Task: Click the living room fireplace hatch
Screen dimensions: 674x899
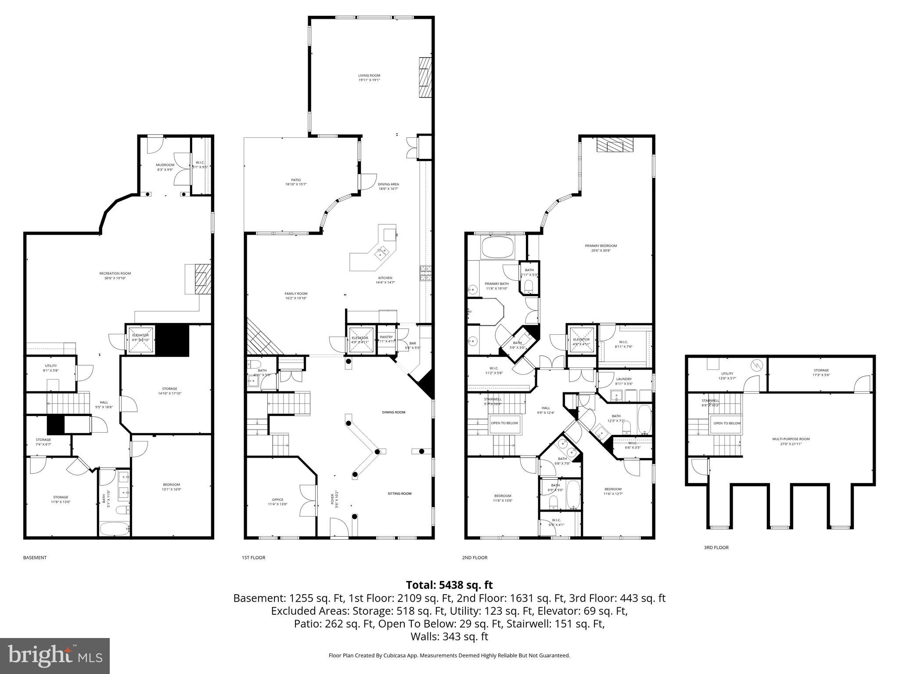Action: pyautogui.click(x=424, y=77)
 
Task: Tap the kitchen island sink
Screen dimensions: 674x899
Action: pyautogui.click(x=381, y=253)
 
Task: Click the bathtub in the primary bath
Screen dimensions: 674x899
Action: pyautogui.click(x=497, y=248)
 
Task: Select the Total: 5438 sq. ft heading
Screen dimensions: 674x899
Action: pyautogui.click(x=449, y=585)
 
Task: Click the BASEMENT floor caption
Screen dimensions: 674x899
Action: pyautogui.click(x=35, y=558)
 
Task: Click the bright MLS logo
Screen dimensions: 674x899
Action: pyautogui.click(x=55, y=656)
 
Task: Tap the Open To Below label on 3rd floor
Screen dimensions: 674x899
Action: pyautogui.click(x=726, y=423)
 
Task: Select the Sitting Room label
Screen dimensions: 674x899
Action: pyautogui.click(x=399, y=494)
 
